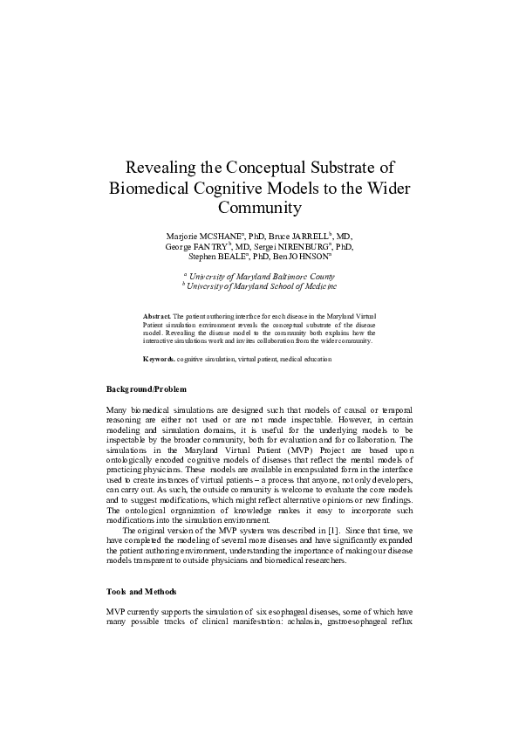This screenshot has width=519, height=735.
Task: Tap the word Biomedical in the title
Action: pyautogui.click(x=152, y=188)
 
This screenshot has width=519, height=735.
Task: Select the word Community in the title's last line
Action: pyautogui.click(x=259, y=209)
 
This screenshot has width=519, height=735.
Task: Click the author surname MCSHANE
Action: pyautogui.click(x=222, y=237)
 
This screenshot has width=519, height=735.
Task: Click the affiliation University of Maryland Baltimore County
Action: pyautogui.click(x=262, y=275)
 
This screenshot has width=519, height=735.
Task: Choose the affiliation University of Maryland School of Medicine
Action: pyautogui.click(x=263, y=285)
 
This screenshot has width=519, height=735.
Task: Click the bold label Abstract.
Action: pyautogui.click(x=156, y=313)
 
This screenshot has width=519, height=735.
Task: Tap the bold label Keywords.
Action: pyautogui.click(x=159, y=359)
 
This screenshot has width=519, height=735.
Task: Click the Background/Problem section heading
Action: pyautogui.click(x=146, y=387)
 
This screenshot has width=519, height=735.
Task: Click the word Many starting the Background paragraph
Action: pyautogui.click(x=118, y=409)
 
